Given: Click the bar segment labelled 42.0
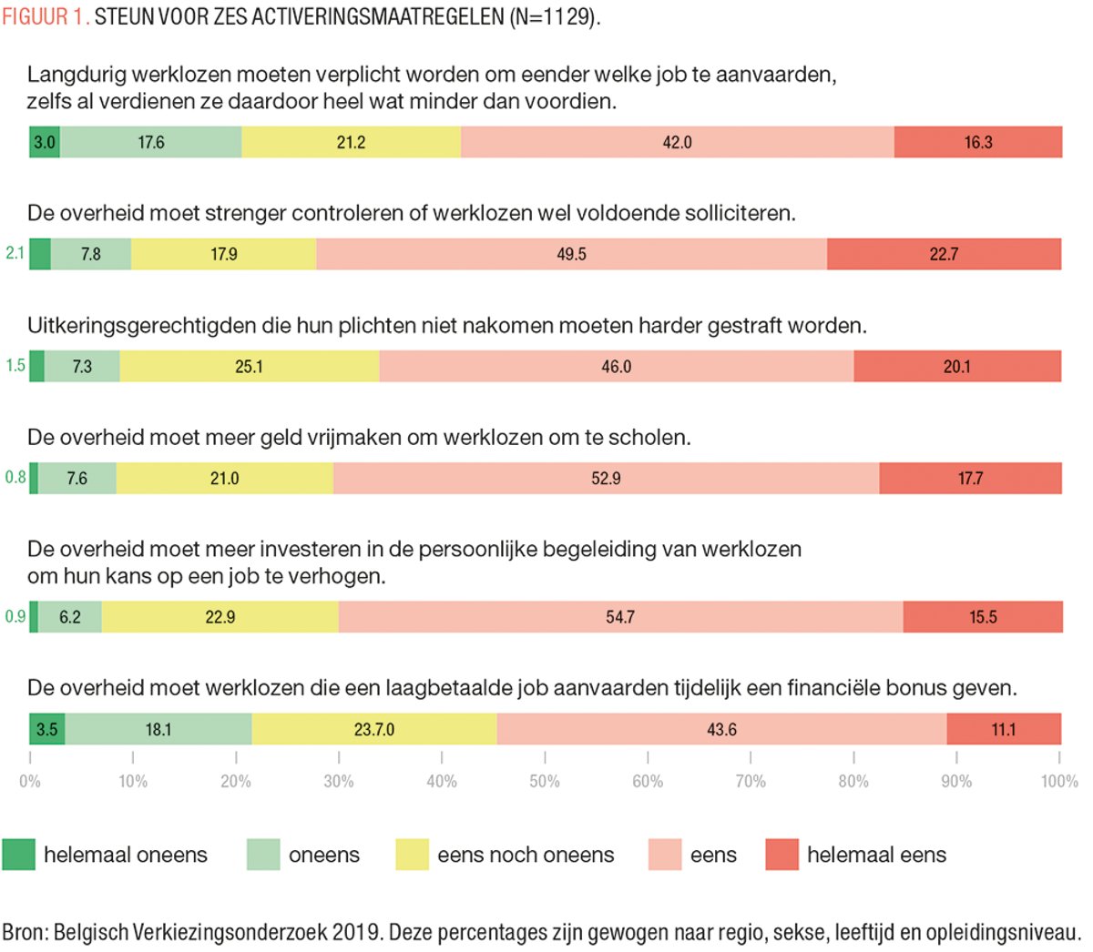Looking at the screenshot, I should (677, 142).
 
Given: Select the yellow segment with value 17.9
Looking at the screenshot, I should (224, 254).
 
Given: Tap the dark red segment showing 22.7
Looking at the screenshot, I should (944, 254).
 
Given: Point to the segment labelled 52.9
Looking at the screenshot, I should (606, 478).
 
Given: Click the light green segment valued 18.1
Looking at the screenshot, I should (158, 729).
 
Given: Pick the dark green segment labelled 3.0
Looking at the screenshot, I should (44, 142).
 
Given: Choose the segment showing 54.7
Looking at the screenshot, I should (620, 616).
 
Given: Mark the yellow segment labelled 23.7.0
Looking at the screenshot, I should (373, 729).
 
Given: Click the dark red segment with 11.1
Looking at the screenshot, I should (1003, 729).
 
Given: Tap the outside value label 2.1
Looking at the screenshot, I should (15, 253).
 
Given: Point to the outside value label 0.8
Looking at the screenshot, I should (15, 477).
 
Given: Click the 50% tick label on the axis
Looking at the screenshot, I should (544, 781).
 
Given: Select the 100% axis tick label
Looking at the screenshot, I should (1059, 781).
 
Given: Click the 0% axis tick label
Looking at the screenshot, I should (30, 781).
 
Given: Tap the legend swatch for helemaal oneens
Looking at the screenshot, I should (18, 855).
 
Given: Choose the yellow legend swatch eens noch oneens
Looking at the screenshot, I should (412, 855).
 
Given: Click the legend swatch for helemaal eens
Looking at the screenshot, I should (781, 855).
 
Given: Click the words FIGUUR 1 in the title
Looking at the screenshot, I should (45, 17).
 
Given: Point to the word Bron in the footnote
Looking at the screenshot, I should (24, 932).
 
